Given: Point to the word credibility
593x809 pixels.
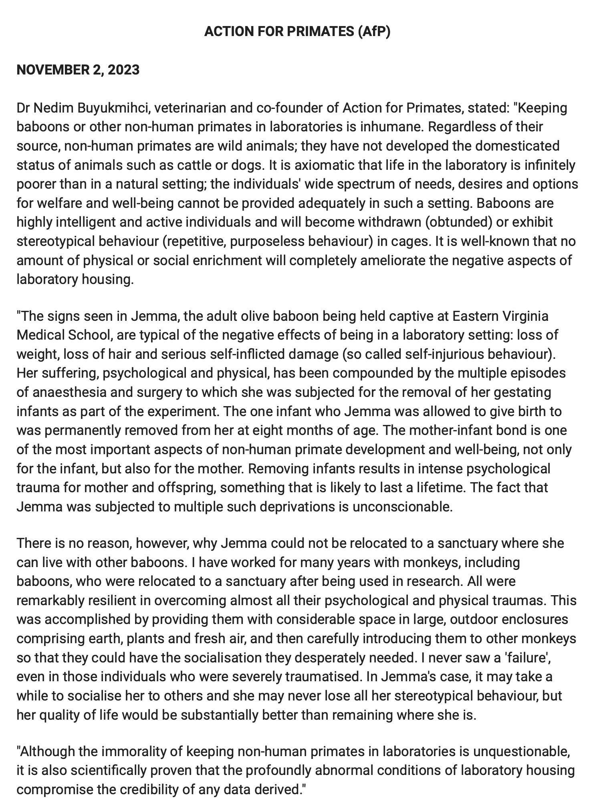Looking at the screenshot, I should point(149,790).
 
